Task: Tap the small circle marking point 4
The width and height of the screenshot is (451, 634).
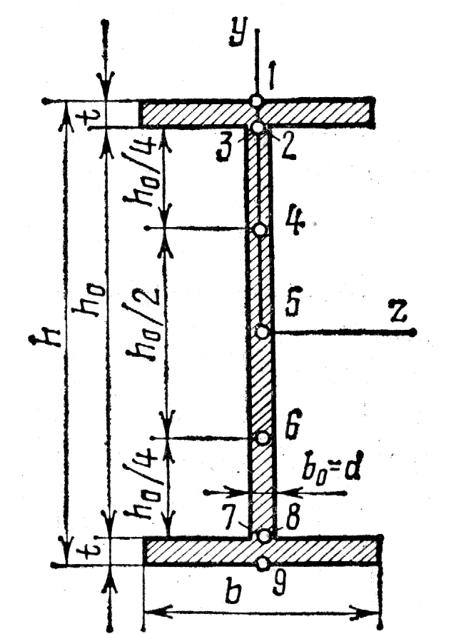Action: tap(260, 229)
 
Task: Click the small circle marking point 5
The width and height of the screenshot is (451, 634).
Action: tap(263, 331)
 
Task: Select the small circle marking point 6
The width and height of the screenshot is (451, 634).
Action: tap(263, 438)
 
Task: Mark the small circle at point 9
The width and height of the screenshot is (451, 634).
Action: tap(263, 563)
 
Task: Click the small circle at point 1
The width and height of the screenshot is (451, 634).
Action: tap(256, 101)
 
